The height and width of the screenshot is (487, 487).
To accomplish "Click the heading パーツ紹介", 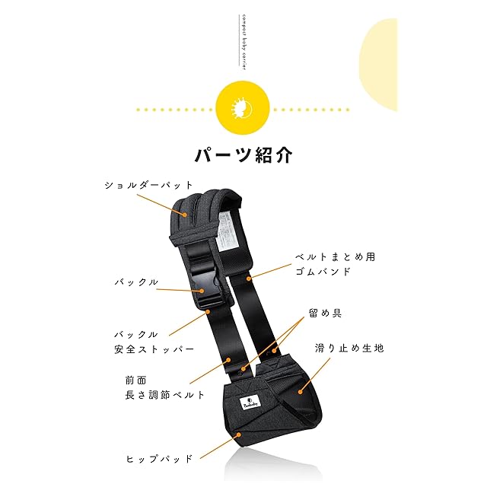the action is (x=243, y=154).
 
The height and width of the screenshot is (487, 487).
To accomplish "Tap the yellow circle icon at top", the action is (x=243, y=109).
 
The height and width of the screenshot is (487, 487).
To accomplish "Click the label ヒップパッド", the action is (x=159, y=459).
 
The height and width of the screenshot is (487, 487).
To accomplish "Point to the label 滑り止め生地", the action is (x=349, y=348).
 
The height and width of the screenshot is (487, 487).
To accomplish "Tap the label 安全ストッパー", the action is (x=154, y=349).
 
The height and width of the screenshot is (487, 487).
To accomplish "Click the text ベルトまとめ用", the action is (x=336, y=257).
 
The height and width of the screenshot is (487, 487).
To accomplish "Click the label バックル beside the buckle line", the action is (x=136, y=282).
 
